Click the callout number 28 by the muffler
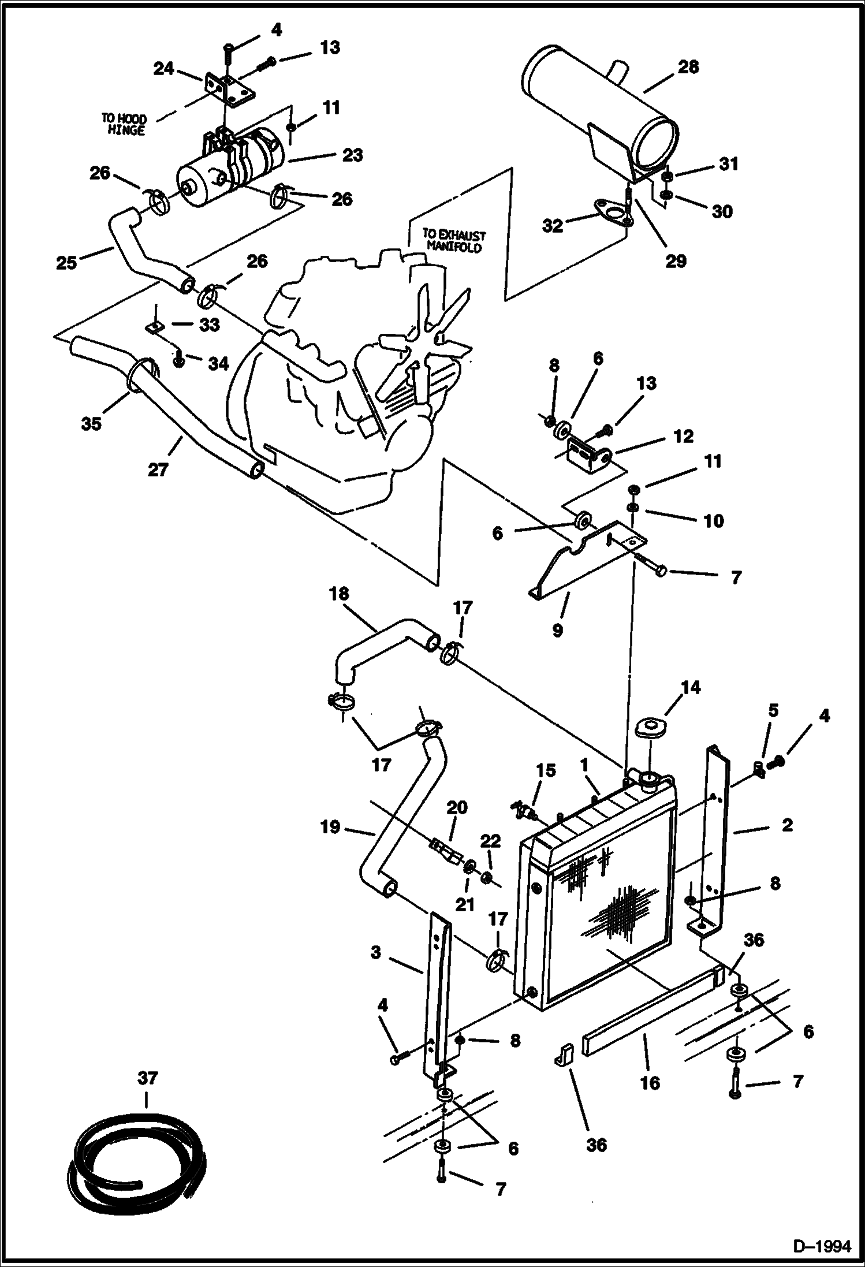click(x=688, y=67)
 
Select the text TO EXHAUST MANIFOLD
click(x=454, y=242)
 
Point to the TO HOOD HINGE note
click(x=124, y=124)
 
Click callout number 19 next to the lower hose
click(x=330, y=828)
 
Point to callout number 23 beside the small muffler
click(x=352, y=155)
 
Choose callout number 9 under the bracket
click(x=557, y=630)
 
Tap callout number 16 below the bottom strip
click(x=650, y=1083)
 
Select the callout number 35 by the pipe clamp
click(x=91, y=423)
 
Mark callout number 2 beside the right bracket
click(x=786, y=825)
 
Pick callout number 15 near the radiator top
click(x=546, y=770)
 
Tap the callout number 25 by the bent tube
click(x=66, y=263)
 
